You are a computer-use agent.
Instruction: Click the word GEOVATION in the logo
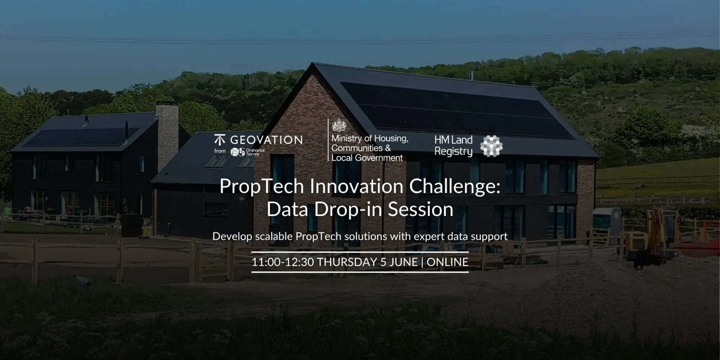pos(266,140)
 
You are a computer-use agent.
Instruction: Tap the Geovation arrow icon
pos(219,140)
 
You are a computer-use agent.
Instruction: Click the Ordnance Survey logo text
pos(255,152)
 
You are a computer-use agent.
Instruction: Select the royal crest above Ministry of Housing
pos(339,126)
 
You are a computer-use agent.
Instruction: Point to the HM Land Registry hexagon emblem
pos(492,146)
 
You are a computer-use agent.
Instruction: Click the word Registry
pos(453,152)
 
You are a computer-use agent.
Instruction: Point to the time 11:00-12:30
pos(283,262)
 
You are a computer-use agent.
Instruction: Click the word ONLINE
pos(447,262)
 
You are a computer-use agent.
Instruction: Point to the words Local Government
pos(367,158)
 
